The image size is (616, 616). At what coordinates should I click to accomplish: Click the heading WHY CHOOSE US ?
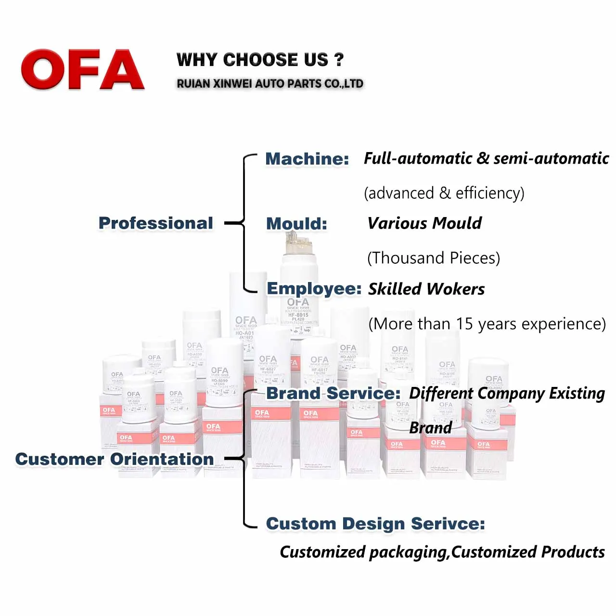[x=260, y=60]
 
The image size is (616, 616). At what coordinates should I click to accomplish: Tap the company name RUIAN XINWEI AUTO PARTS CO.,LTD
[x=269, y=84]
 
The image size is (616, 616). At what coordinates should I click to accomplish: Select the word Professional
[x=155, y=223]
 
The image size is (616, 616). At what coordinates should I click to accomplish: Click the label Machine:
[x=307, y=158]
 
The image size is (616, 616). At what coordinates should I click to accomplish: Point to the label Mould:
[x=296, y=223]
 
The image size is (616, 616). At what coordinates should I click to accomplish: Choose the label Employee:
[x=314, y=288]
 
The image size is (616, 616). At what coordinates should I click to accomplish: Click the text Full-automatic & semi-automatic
[x=486, y=158]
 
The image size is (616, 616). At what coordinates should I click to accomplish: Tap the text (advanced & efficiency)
[x=444, y=193]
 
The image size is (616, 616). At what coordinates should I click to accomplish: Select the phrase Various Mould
[x=424, y=223]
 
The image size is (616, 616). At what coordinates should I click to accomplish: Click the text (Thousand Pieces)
[x=434, y=258]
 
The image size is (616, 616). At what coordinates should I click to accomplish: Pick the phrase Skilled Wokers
[x=426, y=289]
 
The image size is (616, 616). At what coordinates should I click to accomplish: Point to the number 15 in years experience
[x=464, y=324]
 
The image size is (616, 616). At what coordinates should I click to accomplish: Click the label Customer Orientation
[x=115, y=459]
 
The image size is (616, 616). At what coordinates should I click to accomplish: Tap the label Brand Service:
[x=333, y=393]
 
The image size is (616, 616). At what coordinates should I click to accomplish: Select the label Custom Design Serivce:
[x=375, y=524]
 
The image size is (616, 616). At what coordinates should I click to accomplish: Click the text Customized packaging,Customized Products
[x=442, y=552]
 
